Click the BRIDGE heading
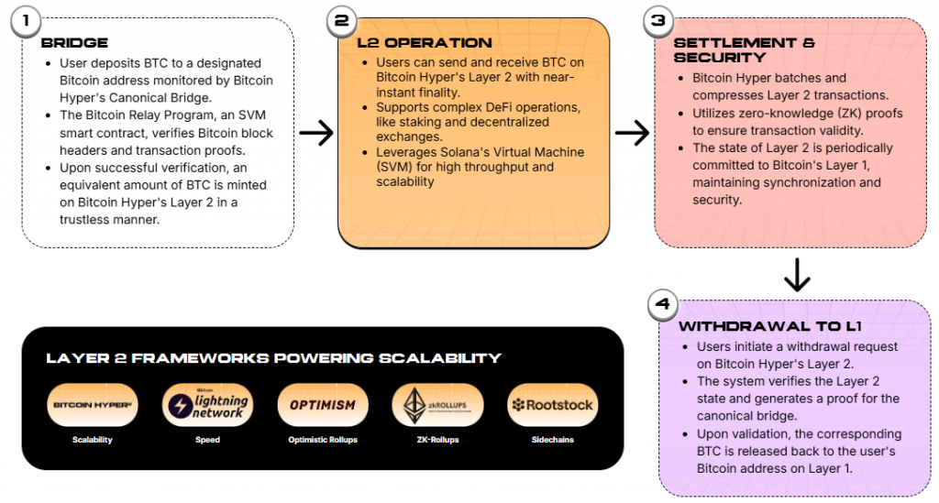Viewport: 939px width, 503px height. point(74,43)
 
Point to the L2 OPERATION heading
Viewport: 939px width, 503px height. point(425,43)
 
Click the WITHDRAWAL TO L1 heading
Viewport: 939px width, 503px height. point(758,326)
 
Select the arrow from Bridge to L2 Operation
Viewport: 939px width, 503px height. point(315,134)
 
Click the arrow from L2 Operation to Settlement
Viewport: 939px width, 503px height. point(632,134)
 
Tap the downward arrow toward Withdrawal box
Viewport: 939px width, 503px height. point(797,274)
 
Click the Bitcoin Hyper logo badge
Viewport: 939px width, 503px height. point(92,405)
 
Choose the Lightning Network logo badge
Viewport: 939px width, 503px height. point(207,405)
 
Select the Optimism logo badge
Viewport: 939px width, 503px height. point(322,405)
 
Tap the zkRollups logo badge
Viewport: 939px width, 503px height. point(437,405)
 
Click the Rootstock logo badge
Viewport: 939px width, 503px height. point(553,405)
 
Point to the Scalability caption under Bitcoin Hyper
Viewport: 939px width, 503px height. point(92,440)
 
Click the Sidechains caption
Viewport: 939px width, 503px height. point(553,440)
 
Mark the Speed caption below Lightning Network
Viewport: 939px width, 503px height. point(207,440)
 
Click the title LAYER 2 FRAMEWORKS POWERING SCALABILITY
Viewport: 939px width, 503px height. point(274,357)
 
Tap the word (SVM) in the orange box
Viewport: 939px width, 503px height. point(395,168)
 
